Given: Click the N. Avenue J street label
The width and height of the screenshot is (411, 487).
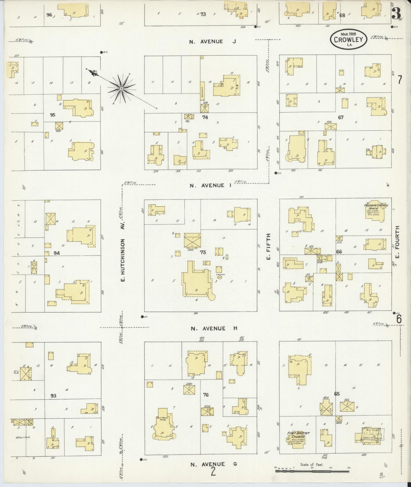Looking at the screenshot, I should [213, 41].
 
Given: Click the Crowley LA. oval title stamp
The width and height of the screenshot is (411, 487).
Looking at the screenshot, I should [349, 39].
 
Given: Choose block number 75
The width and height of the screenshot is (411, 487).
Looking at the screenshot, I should [203, 252].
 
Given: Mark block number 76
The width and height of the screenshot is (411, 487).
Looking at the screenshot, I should [206, 395].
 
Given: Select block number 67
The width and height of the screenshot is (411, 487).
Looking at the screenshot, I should [341, 117].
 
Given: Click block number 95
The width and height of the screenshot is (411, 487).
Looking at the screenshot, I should [52, 115].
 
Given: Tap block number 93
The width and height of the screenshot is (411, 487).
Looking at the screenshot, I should [53, 395].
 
